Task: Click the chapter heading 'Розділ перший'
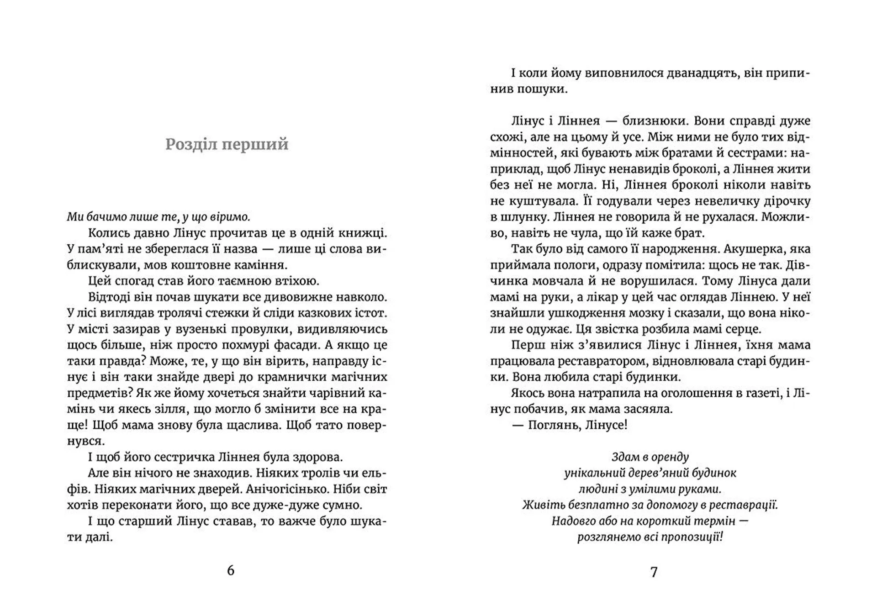(227, 144)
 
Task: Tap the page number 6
(230, 570)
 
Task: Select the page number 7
(654, 572)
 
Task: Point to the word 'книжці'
(365, 233)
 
